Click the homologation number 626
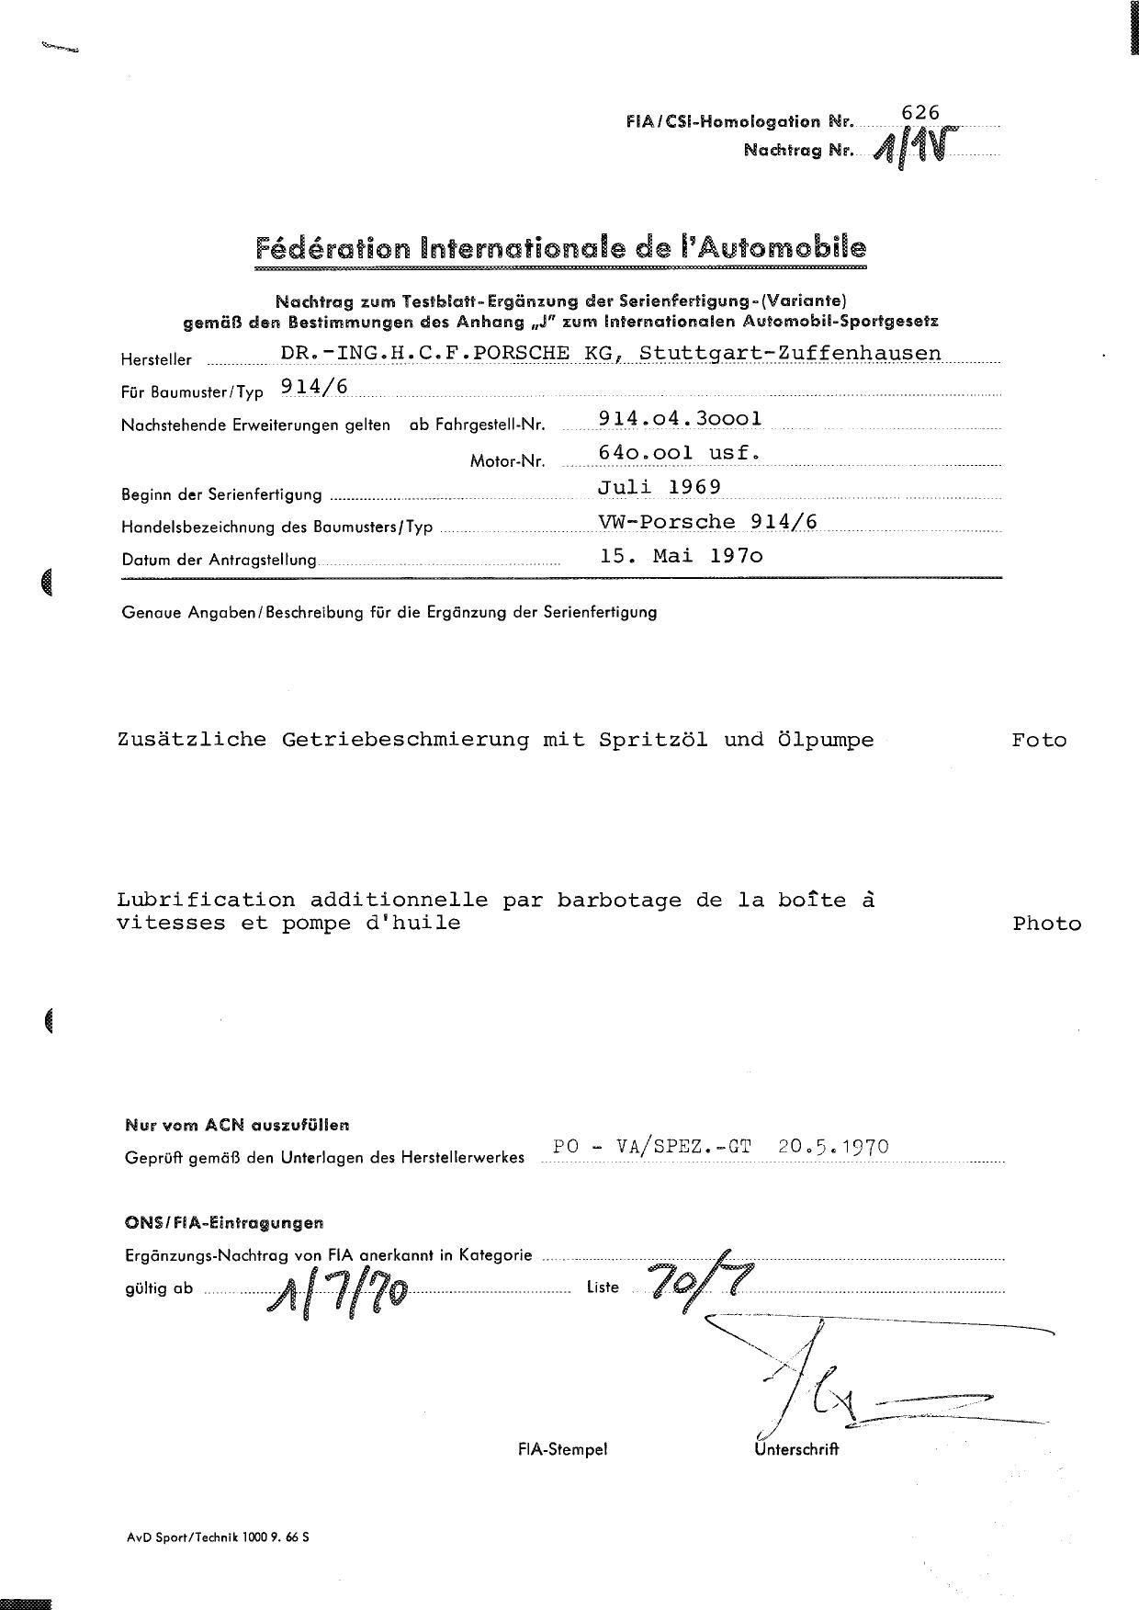tap(920, 112)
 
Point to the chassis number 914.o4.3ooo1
tap(680, 418)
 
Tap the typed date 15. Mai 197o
tap(681, 556)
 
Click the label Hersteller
tap(156, 359)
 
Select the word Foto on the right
tap(1039, 740)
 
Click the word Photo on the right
tap(1046, 924)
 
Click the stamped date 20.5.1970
tap(832, 1147)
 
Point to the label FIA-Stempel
tap(562, 1449)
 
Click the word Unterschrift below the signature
tap(796, 1449)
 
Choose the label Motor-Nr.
tap(507, 460)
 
